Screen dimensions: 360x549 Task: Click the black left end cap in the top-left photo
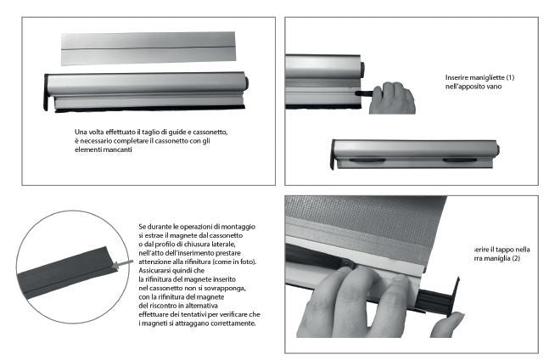[47, 93]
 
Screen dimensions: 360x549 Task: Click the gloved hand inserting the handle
[392, 97]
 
